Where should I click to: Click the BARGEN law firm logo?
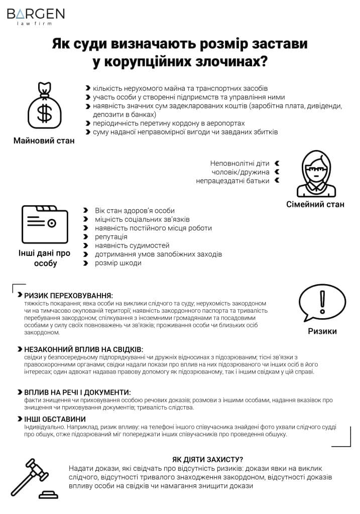pyautogui.click(x=36, y=16)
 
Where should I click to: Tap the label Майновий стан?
pyautogui.click(x=44, y=141)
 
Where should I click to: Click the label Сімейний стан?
pyautogui.click(x=315, y=204)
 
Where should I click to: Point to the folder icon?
pyautogui.click(x=45, y=224)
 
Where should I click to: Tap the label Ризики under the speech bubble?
pyautogui.click(x=322, y=331)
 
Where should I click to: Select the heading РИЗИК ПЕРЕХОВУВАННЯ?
pyautogui.click(x=69, y=296)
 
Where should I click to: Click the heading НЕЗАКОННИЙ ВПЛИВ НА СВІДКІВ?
pyautogui.click(x=83, y=349)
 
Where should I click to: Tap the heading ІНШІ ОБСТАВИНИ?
pyautogui.click(x=55, y=419)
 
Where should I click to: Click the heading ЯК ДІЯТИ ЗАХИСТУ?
pyautogui.click(x=207, y=459)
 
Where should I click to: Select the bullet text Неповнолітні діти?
pyautogui.click(x=239, y=164)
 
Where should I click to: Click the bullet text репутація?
pyautogui.click(x=111, y=236)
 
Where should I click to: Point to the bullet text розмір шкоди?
pyautogui.click(x=118, y=263)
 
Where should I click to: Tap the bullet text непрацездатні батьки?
pyautogui.click(x=232, y=181)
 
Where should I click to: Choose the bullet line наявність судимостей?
pyautogui.click(x=132, y=245)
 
